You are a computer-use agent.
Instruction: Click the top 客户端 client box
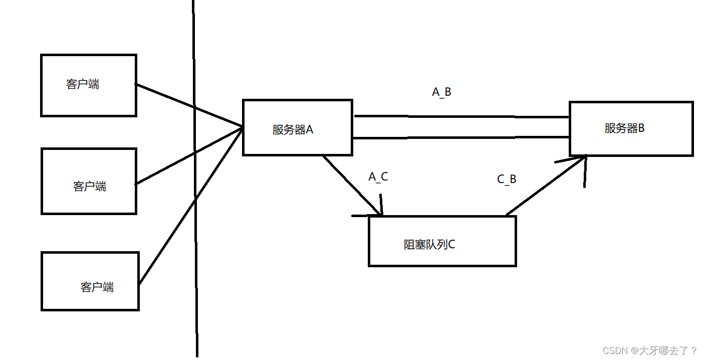click(88, 85)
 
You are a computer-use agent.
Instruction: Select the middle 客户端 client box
click(89, 181)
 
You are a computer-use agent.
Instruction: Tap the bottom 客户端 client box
click(90, 281)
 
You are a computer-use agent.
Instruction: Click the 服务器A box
click(298, 127)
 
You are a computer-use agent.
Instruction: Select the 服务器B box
click(631, 128)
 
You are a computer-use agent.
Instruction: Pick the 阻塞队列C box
click(442, 241)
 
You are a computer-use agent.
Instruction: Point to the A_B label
click(441, 92)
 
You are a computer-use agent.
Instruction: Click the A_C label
click(378, 176)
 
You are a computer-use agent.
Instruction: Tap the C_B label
click(507, 179)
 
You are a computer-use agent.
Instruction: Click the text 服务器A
click(293, 130)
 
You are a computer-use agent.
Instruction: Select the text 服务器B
click(624, 128)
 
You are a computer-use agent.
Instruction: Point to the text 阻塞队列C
click(429, 245)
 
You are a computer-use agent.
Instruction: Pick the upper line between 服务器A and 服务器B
click(461, 117)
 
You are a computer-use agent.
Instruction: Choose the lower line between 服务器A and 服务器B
click(461, 137)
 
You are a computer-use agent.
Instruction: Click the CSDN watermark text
click(650, 350)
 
